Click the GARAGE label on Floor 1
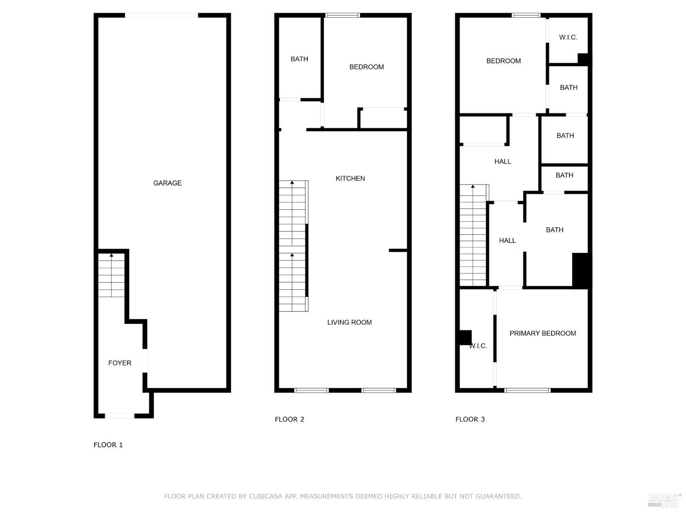(x=167, y=183)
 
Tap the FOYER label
(x=120, y=363)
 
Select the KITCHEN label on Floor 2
(x=350, y=179)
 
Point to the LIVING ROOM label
(x=349, y=323)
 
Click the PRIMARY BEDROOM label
(x=542, y=334)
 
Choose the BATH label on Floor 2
(x=299, y=59)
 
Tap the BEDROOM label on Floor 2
(x=366, y=67)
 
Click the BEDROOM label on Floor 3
(x=504, y=61)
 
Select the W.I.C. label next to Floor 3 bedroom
(x=568, y=37)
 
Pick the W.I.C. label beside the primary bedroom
(x=478, y=346)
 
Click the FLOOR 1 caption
(x=108, y=445)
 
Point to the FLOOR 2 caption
(x=289, y=419)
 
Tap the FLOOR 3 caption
(x=470, y=419)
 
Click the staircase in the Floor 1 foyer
(x=112, y=275)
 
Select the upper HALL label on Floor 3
(x=503, y=162)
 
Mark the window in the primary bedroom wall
(x=527, y=390)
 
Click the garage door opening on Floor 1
(x=161, y=16)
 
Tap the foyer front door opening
(x=120, y=416)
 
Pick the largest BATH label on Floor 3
(x=554, y=230)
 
